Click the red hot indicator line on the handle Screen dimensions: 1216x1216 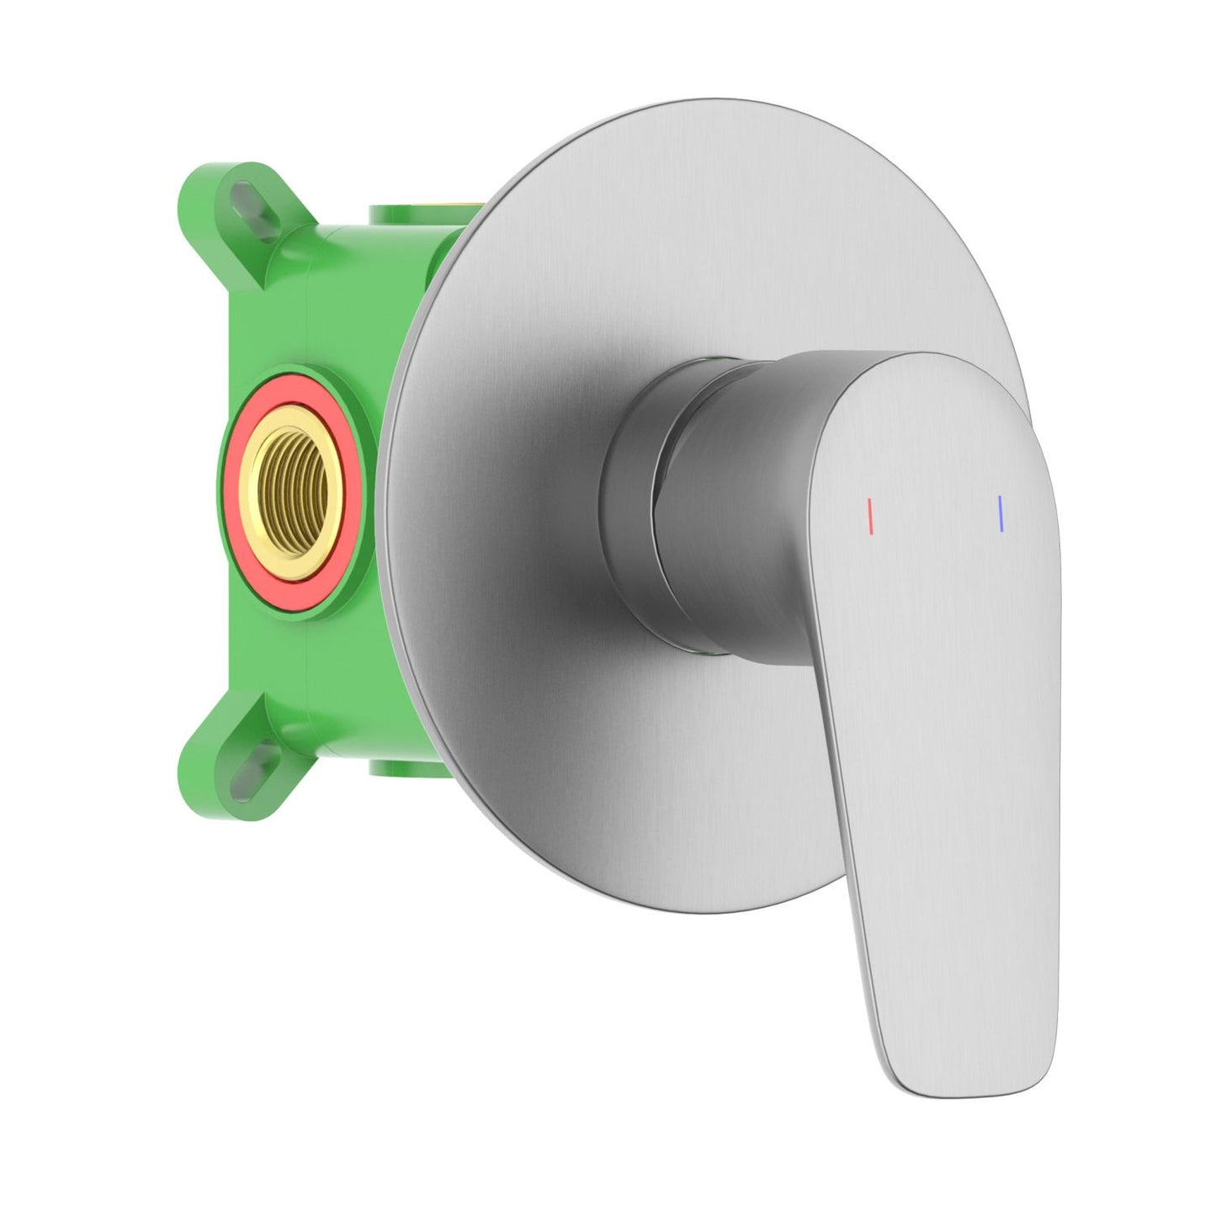click(870, 516)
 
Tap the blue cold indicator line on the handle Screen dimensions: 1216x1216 click(1000, 513)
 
